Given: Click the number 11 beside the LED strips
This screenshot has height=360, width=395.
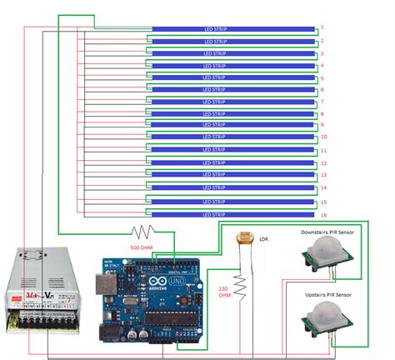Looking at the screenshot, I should tap(323, 150).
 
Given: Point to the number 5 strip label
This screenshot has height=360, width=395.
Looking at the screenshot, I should tap(322, 77).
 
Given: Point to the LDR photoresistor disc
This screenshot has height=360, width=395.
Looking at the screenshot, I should tap(245, 239).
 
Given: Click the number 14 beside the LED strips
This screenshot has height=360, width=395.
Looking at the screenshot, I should tap(323, 188).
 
